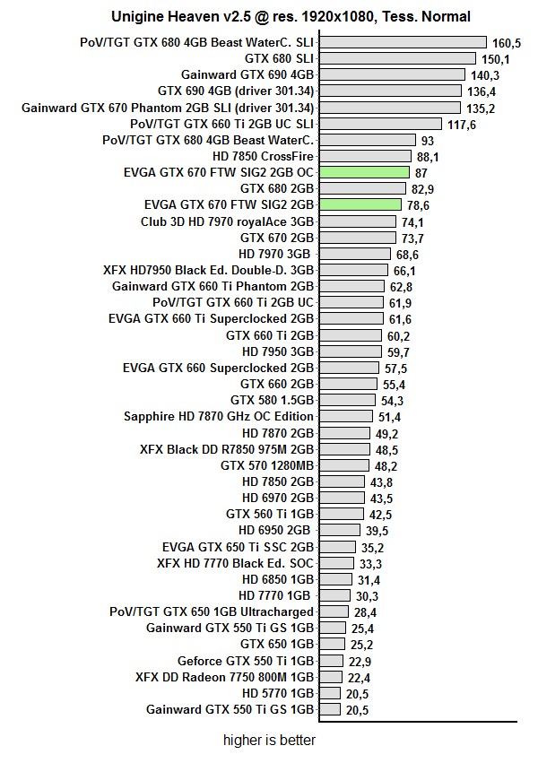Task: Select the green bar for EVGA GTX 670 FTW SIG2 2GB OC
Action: tap(363, 172)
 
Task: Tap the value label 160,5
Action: tap(507, 42)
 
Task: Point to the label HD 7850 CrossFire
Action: tap(263, 156)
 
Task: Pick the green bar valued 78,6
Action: tap(360, 204)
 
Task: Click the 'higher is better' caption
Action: tap(269, 741)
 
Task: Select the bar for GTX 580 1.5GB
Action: tap(348, 400)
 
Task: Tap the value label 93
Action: tap(428, 140)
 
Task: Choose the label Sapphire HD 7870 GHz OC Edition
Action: tap(219, 416)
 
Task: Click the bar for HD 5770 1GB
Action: tap(329, 693)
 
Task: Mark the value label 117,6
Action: tap(461, 124)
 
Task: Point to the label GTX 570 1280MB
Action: tap(267, 465)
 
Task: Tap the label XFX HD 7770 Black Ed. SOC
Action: tap(235, 563)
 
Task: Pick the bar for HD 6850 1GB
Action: tap(335, 579)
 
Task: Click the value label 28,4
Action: tap(362, 612)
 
